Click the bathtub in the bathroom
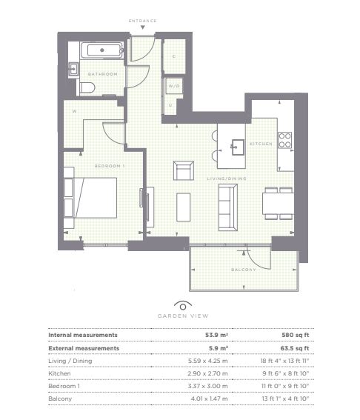(101, 50)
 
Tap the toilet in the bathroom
(87, 87)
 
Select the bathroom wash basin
(73, 69)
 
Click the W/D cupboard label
(174, 86)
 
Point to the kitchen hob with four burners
(284, 140)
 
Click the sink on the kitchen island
(238, 147)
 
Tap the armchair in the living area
(184, 170)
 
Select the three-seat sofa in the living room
(228, 207)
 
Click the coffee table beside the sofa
(184, 207)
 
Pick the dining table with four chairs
(279, 204)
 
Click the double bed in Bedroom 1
(90, 198)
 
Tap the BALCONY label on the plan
(244, 270)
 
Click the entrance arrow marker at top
(143, 27)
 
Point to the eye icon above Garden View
(183, 305)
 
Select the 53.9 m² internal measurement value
(216, 335)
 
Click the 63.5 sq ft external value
(295, 348)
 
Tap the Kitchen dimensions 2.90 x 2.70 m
(207, 373)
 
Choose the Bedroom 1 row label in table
(64, 386)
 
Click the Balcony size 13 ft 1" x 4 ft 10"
(285, 399)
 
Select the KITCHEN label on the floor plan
(261, 144)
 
